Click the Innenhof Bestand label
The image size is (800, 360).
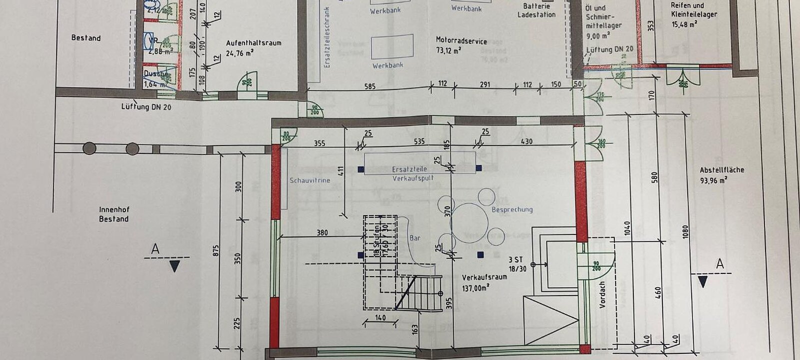tap(113, 214)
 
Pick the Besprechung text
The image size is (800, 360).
tap(512, 209)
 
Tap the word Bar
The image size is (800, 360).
tap(415, 238)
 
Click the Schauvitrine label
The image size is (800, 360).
tap(309, 180)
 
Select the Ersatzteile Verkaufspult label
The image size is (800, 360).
tap(412, 173)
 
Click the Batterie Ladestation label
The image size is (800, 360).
tap(536, 10)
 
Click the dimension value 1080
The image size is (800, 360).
tap(685, 231)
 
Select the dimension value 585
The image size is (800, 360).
tap(369, 86)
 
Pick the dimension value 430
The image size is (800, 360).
tap(526, 142)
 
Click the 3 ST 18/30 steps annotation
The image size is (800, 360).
tap(517, 264)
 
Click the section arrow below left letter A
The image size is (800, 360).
tap(174, 266)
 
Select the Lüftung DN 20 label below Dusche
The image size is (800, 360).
tap(146, 106)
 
